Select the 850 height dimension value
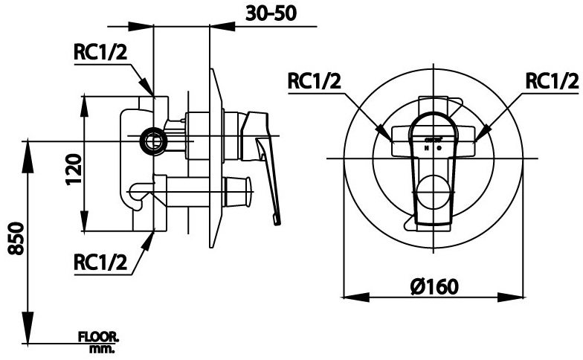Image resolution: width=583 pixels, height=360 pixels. tap(16, 238)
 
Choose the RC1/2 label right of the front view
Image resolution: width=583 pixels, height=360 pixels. tap(551, 81)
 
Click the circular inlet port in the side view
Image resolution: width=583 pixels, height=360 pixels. tap(154, 138)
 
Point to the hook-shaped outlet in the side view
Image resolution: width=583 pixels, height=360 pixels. tap(137, 194)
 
